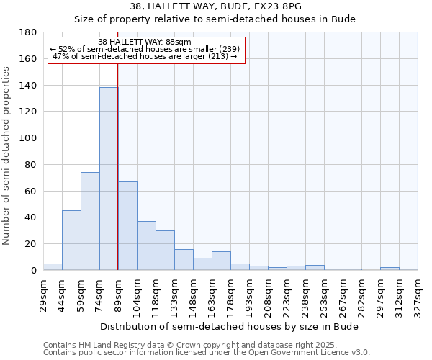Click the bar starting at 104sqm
(146, 246)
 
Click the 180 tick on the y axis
(28, 32)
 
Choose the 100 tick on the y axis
(28, 138)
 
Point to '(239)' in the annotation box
(223, 49)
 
